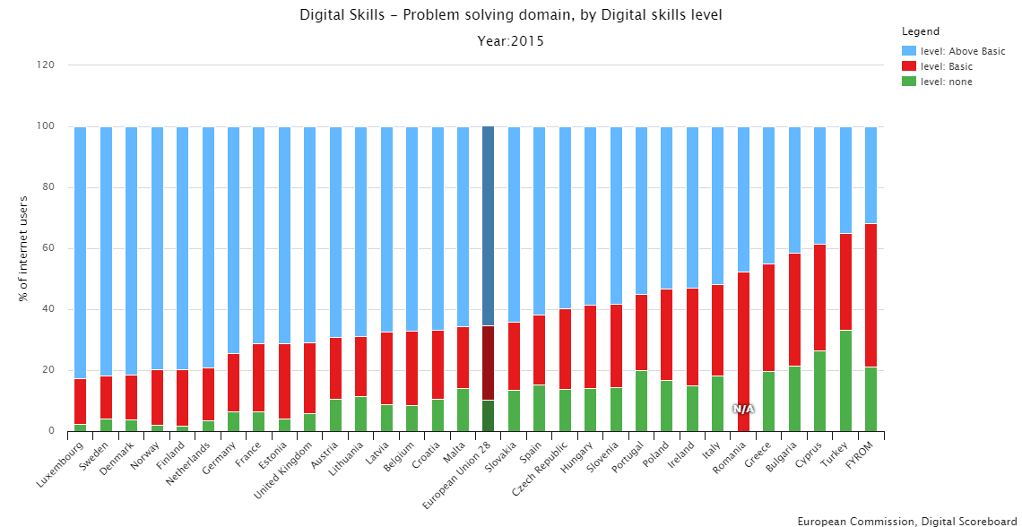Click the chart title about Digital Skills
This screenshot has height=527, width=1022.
click(510, 15)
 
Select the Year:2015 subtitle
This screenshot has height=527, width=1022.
click(510, 41)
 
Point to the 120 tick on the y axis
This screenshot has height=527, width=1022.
click(47, 65)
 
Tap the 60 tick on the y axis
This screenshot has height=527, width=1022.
click(49, 248)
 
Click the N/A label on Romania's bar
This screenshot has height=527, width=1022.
click(743, 410)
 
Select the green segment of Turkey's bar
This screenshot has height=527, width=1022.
click(845, 381)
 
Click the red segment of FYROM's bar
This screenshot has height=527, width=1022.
click(870, 296)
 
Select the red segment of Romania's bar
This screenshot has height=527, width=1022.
click(743, 341)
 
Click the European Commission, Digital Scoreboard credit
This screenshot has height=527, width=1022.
click(908, 521)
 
